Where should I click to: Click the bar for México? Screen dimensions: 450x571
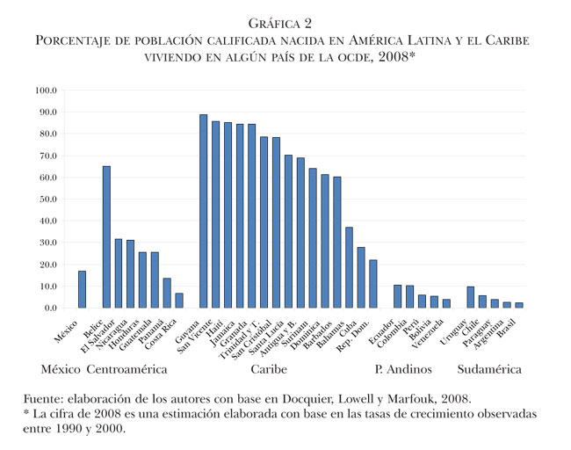point(82,289)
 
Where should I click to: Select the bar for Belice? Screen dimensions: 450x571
point(106,237)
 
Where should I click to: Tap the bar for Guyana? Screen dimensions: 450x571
point(203,211)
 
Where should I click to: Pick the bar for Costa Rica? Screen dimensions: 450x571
point(179,301)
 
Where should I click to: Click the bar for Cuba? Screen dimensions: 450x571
point(360,278)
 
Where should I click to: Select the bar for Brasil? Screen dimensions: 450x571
point(519,305)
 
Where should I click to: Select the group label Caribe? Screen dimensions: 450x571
point(268,370)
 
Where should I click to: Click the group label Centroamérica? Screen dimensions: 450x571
point(129,370)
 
